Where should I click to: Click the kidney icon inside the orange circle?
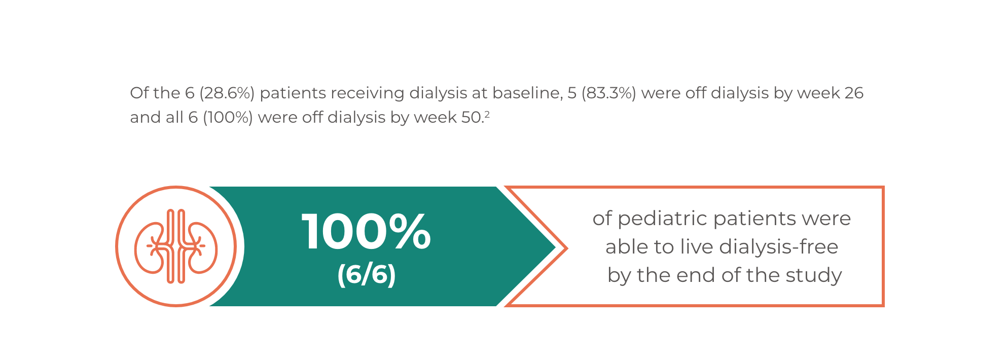click(176, 246)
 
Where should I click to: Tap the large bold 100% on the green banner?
click(366, 232)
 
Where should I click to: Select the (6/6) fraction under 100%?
click(366, 274)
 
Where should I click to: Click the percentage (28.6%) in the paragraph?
click(227, 93)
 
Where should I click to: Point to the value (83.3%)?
click(608, 93)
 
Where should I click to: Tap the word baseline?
click(527, 93)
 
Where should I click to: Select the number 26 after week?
click(854, 93)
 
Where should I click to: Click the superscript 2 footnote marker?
click(487, 114)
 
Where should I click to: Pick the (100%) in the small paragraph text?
click(228, 117)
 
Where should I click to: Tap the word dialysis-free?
click(779, 247)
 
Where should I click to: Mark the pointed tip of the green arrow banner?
click(556, 247)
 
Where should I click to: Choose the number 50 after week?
click(471, 117)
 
